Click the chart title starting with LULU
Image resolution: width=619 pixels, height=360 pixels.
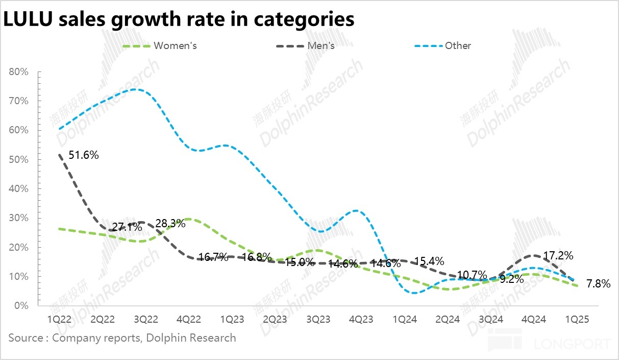point(179,19)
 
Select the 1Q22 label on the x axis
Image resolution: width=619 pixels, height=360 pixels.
point(59,319)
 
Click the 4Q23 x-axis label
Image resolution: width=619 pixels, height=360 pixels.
point(361,319)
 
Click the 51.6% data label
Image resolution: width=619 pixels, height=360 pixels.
point(83,155)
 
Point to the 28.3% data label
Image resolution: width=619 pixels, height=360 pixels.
point(170,223)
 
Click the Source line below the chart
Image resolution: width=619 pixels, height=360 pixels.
point(122,338)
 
